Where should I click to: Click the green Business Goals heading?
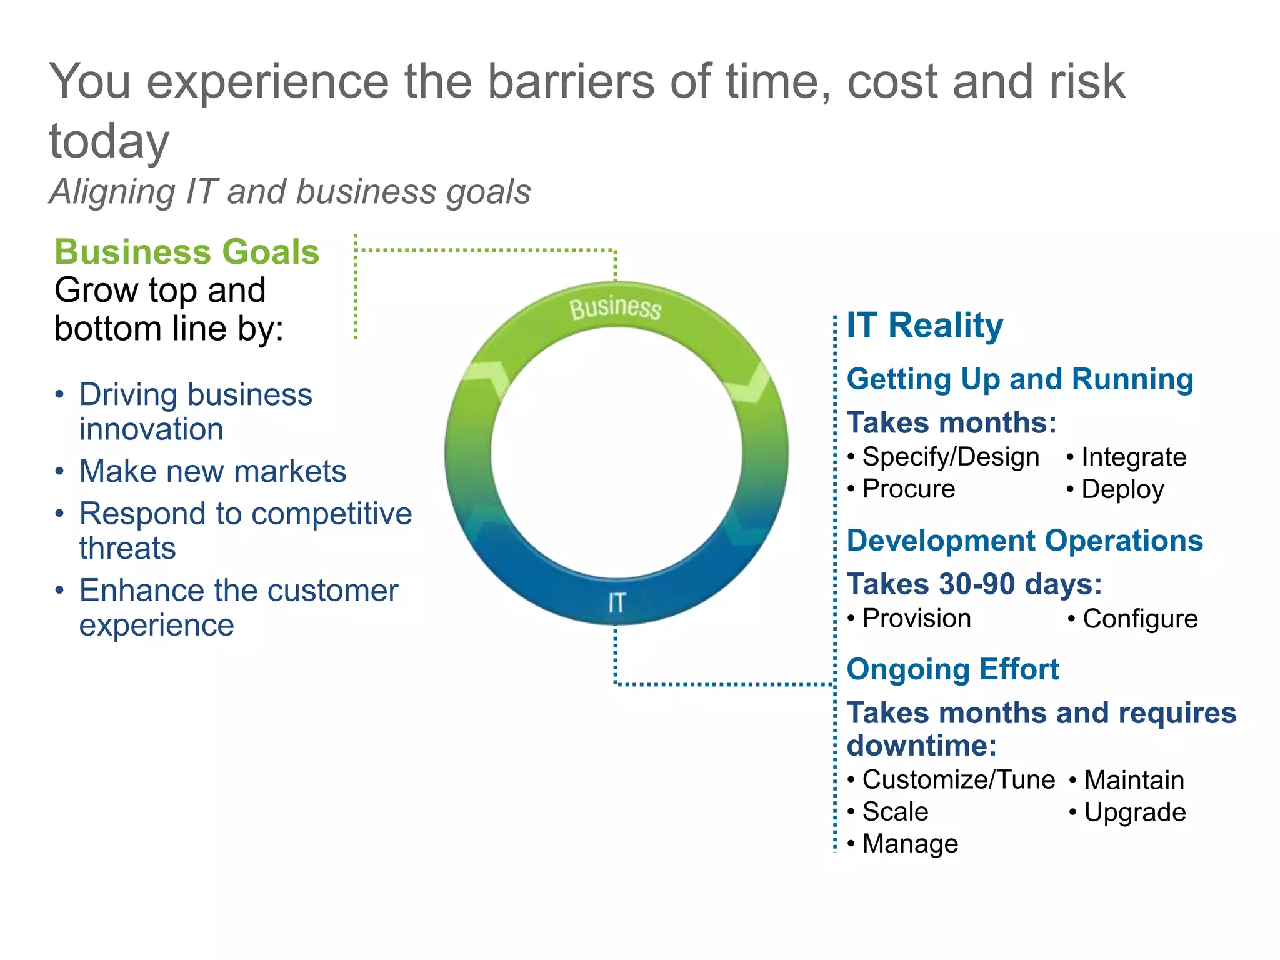187,252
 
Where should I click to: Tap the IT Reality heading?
924,326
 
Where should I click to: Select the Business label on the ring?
615,308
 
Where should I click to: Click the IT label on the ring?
616,603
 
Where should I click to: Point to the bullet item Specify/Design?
950,457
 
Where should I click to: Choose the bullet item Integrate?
1133,457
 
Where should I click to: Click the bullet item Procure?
908,489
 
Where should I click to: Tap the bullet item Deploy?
1122,489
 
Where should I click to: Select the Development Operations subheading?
1024,541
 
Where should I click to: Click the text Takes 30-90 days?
974,584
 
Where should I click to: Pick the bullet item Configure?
1140,619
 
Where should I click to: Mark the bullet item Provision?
916,619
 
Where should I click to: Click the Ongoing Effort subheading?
952,669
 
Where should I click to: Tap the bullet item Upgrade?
1134,812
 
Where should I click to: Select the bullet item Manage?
910,844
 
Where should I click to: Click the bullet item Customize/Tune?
958,780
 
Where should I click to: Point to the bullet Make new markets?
212,471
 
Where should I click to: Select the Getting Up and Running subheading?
1019,379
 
